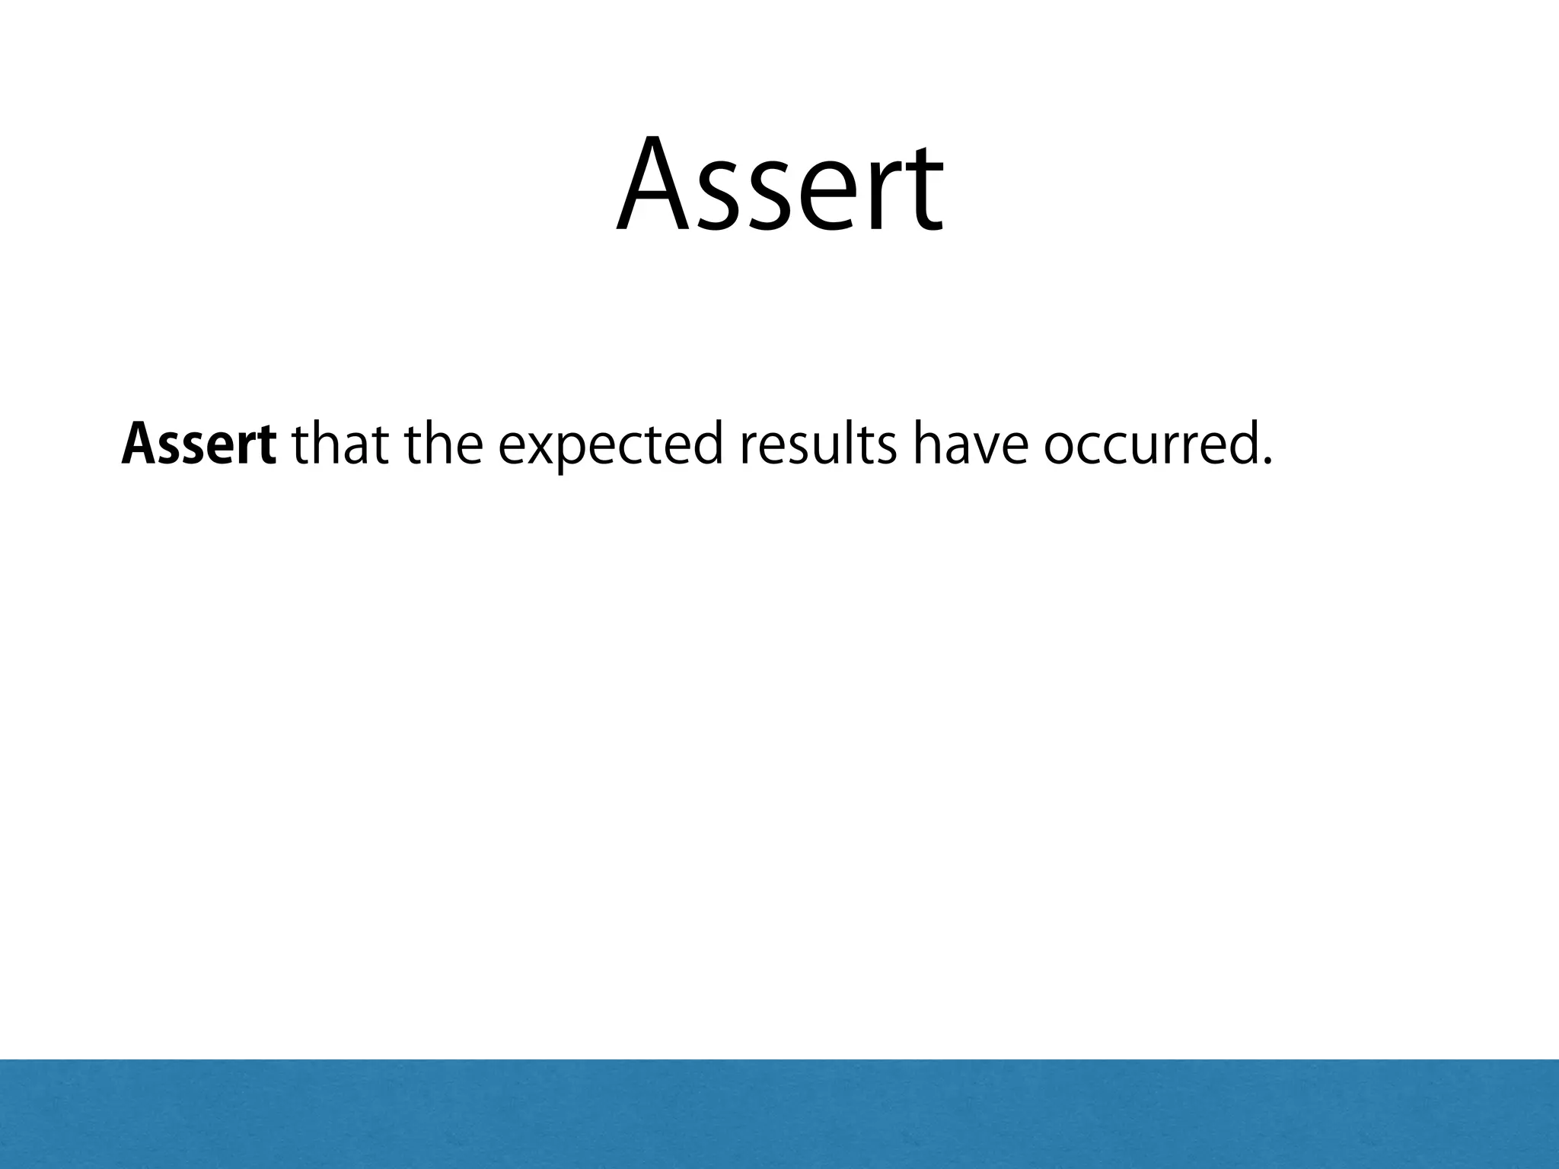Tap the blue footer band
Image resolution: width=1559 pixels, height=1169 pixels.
[x=779, y=1114]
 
